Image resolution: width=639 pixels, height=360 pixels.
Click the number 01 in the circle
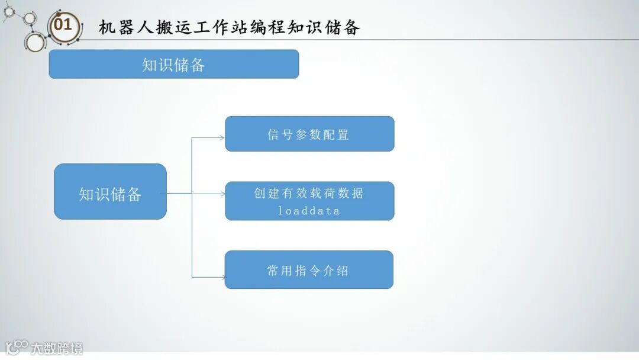coord(63,25)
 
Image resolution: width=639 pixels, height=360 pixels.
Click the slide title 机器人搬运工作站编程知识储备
coord(229,27)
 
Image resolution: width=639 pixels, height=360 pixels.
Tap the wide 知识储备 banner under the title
coord(173,64)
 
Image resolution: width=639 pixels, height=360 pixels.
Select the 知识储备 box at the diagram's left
coord(110,192)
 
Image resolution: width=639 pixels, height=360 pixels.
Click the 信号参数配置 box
coord(309,134)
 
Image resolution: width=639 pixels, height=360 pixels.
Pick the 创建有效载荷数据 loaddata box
coord(309,201)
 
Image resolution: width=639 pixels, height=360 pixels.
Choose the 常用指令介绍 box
coord(309,270)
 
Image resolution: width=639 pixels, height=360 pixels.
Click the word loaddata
coord(309,210)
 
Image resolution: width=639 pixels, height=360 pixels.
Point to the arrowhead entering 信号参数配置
coord(222,138)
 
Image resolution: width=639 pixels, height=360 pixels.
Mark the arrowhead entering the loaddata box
coord(222,193)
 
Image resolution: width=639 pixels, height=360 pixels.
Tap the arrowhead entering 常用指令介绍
coord(222,277)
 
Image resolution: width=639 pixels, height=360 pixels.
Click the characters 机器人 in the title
coord(127,27)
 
